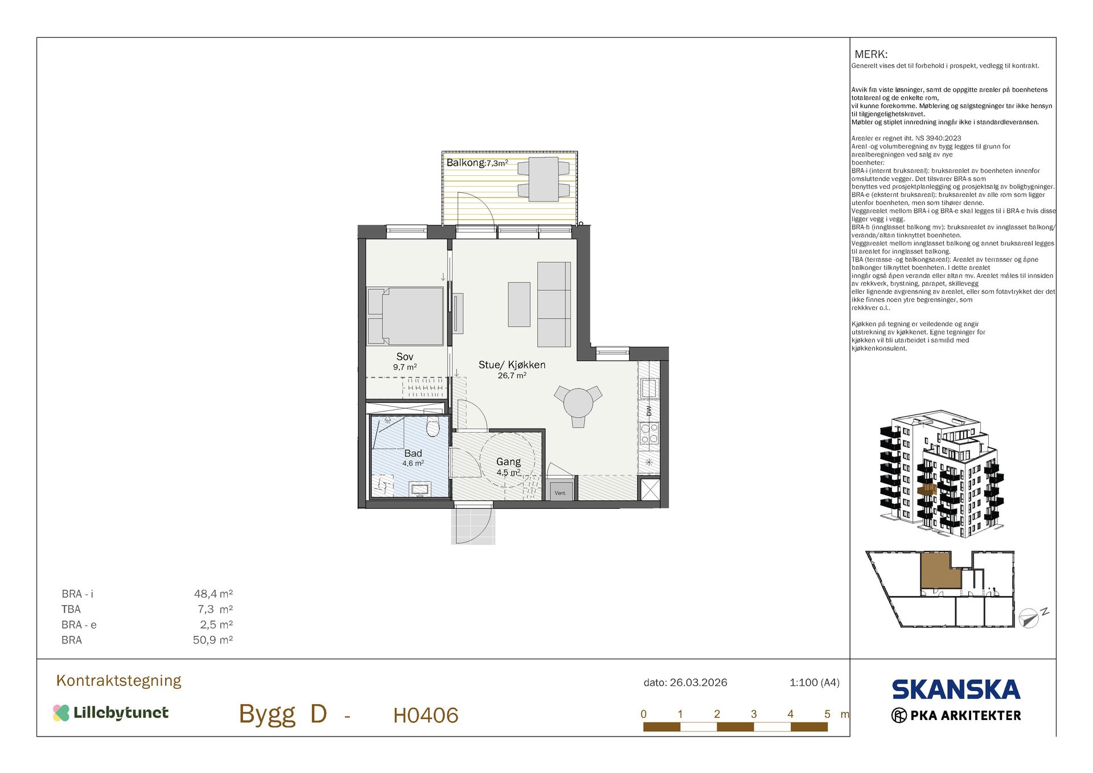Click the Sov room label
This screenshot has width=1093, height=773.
click(x=405, y=357)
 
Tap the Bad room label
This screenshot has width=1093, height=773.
click(x=413, y=454)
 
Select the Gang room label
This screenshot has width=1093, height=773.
click(x=508, y=462)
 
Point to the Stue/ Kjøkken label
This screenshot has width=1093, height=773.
click(x=512, y=365)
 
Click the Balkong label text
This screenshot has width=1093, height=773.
click(x=466, y=163)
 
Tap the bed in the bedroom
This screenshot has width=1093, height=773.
click(x=405, y=316)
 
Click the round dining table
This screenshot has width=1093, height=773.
click(x=578, y=403)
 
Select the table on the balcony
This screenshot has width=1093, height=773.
click(x=544, y=179)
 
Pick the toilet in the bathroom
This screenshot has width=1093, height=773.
click(x=433, y=426)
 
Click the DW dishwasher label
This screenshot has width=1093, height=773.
click(x=649, y=410)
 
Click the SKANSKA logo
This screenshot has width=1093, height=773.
click(x=956, y=690)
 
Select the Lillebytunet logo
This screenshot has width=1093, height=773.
click(x=111, y=713)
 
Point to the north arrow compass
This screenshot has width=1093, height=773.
click(x=1029, y=618)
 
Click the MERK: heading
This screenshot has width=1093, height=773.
click(x=871, y=55)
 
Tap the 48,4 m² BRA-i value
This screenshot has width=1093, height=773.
click(x=213, y=594)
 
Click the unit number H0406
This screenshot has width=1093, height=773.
click(x=426, y=716)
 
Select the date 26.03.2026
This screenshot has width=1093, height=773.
click(x=698, y=682)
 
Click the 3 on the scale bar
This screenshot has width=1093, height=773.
click(x=754, y=714)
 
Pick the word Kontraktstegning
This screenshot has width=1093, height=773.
click(x=119, y=681)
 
